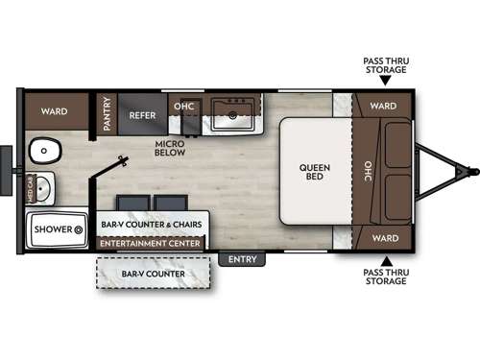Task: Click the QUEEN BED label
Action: point(313,174)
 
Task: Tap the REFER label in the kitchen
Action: point(142,114)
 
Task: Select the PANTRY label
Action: point(107,114)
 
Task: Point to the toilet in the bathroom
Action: point(43,151)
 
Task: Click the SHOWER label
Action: point(55,229)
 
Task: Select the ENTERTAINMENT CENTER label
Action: point(151,244)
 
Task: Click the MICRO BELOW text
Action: point(170,149)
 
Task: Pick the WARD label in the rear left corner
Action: point(54,110)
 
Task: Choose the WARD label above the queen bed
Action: point(384,106)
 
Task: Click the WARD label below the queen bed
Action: point(384,237)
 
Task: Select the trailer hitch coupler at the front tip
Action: point(470,173)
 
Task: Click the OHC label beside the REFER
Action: point(183,106)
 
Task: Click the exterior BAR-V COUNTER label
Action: point(154,274)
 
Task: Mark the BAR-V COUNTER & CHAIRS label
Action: point(150,224)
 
